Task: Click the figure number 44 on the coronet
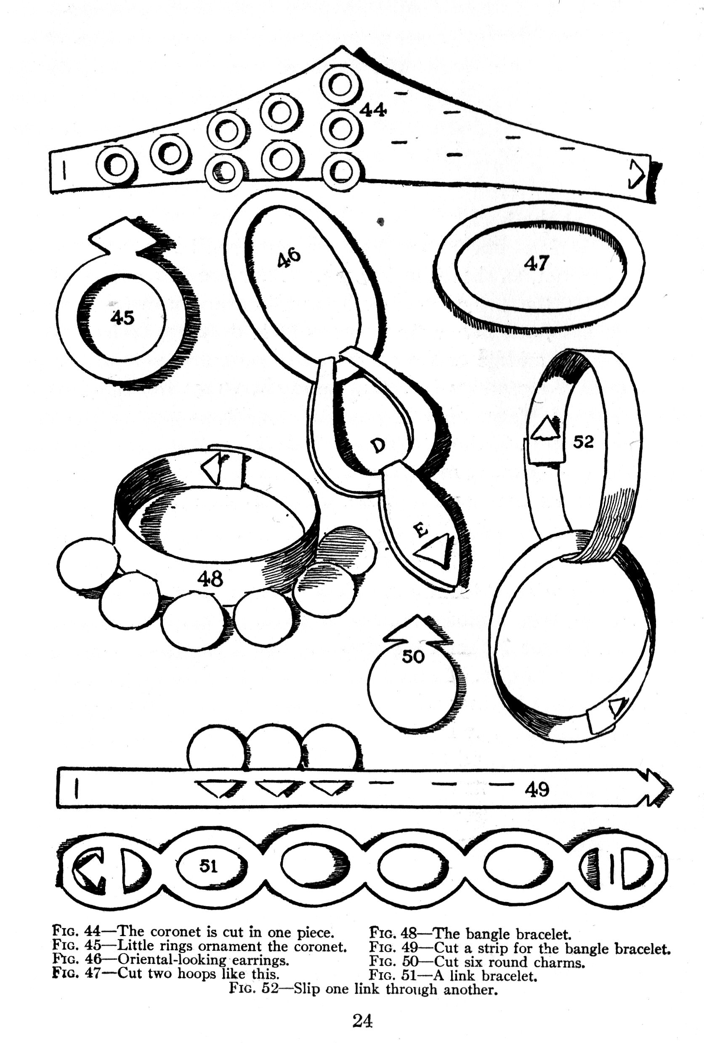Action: click(373, 109)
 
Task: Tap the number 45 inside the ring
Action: click(122, 317)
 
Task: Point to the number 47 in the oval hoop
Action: click(536, 263)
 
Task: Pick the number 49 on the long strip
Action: click(537, 788)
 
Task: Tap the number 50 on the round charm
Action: click(413, 657)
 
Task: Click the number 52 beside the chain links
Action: click(583, 442)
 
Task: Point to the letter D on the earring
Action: click(378, 445)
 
